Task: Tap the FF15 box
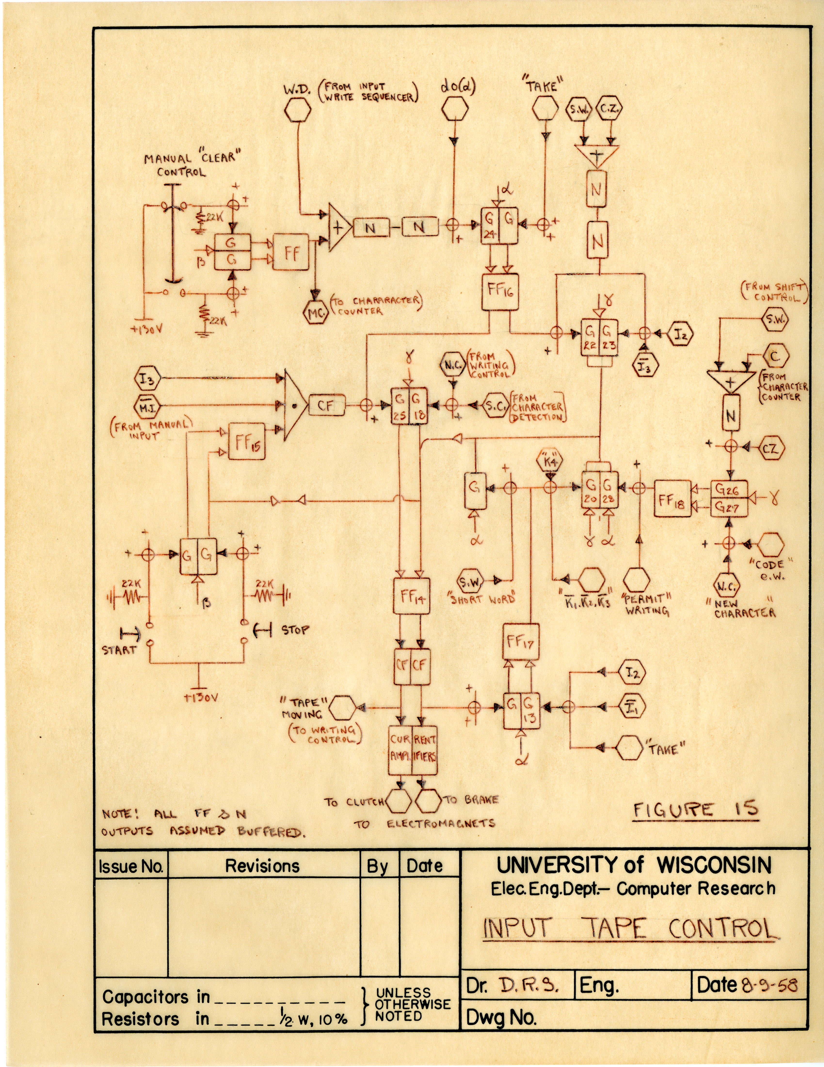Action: [x=247, y=441]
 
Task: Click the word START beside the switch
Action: [x=119, y=650]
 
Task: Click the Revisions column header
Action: [x=262, y=866]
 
